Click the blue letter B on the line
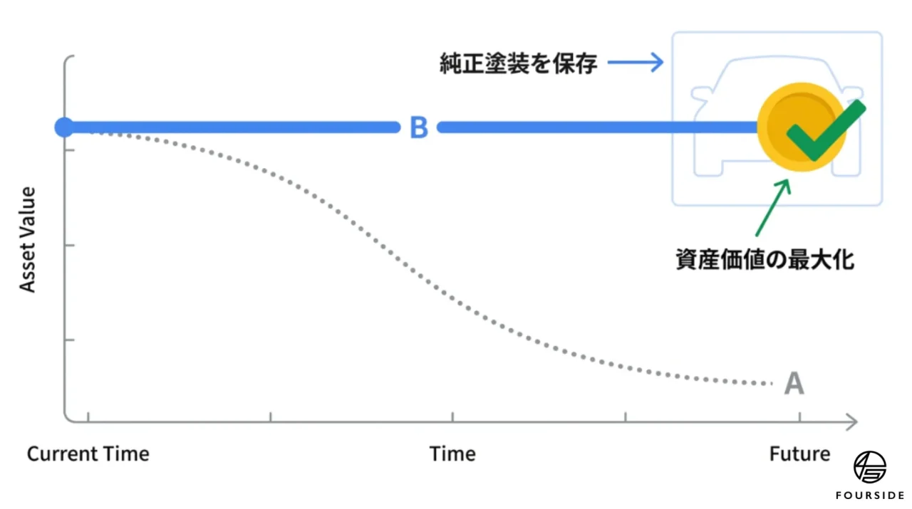(x=419, y=127)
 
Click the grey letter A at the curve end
(x=794, y=384)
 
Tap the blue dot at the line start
(x=64, y=127)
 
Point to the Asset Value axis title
(x=28, y=240)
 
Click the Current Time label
(x=88, y=454)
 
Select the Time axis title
(x=452, y=454)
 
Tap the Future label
(x=799, y=454)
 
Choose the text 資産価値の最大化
(x=765, y=260)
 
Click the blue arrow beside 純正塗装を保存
(x=635, y=63)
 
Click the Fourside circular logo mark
(x=870, y=467)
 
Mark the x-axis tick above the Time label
(x=452, y=416)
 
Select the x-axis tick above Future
(x=800, y=416)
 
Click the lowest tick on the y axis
(x=70, y=340)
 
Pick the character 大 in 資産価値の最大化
(x=819, y=260)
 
